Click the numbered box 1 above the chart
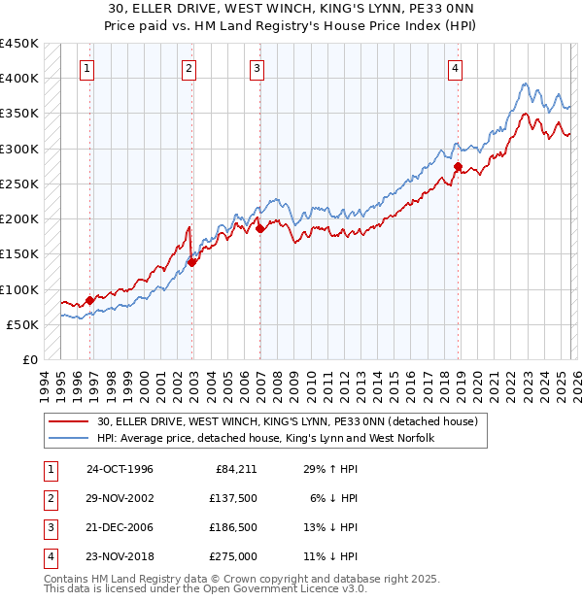pos(87,68)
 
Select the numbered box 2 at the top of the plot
pos(188,68)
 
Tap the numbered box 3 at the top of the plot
pos(257,68)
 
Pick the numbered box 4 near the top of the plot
pos(455,68)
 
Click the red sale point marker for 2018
pos(458,166)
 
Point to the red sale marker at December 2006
pos(260,229)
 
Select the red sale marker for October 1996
pos(90,300)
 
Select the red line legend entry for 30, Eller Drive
pos(287,422)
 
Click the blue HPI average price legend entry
pos(265,439)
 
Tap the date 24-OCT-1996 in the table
pos(120,469)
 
